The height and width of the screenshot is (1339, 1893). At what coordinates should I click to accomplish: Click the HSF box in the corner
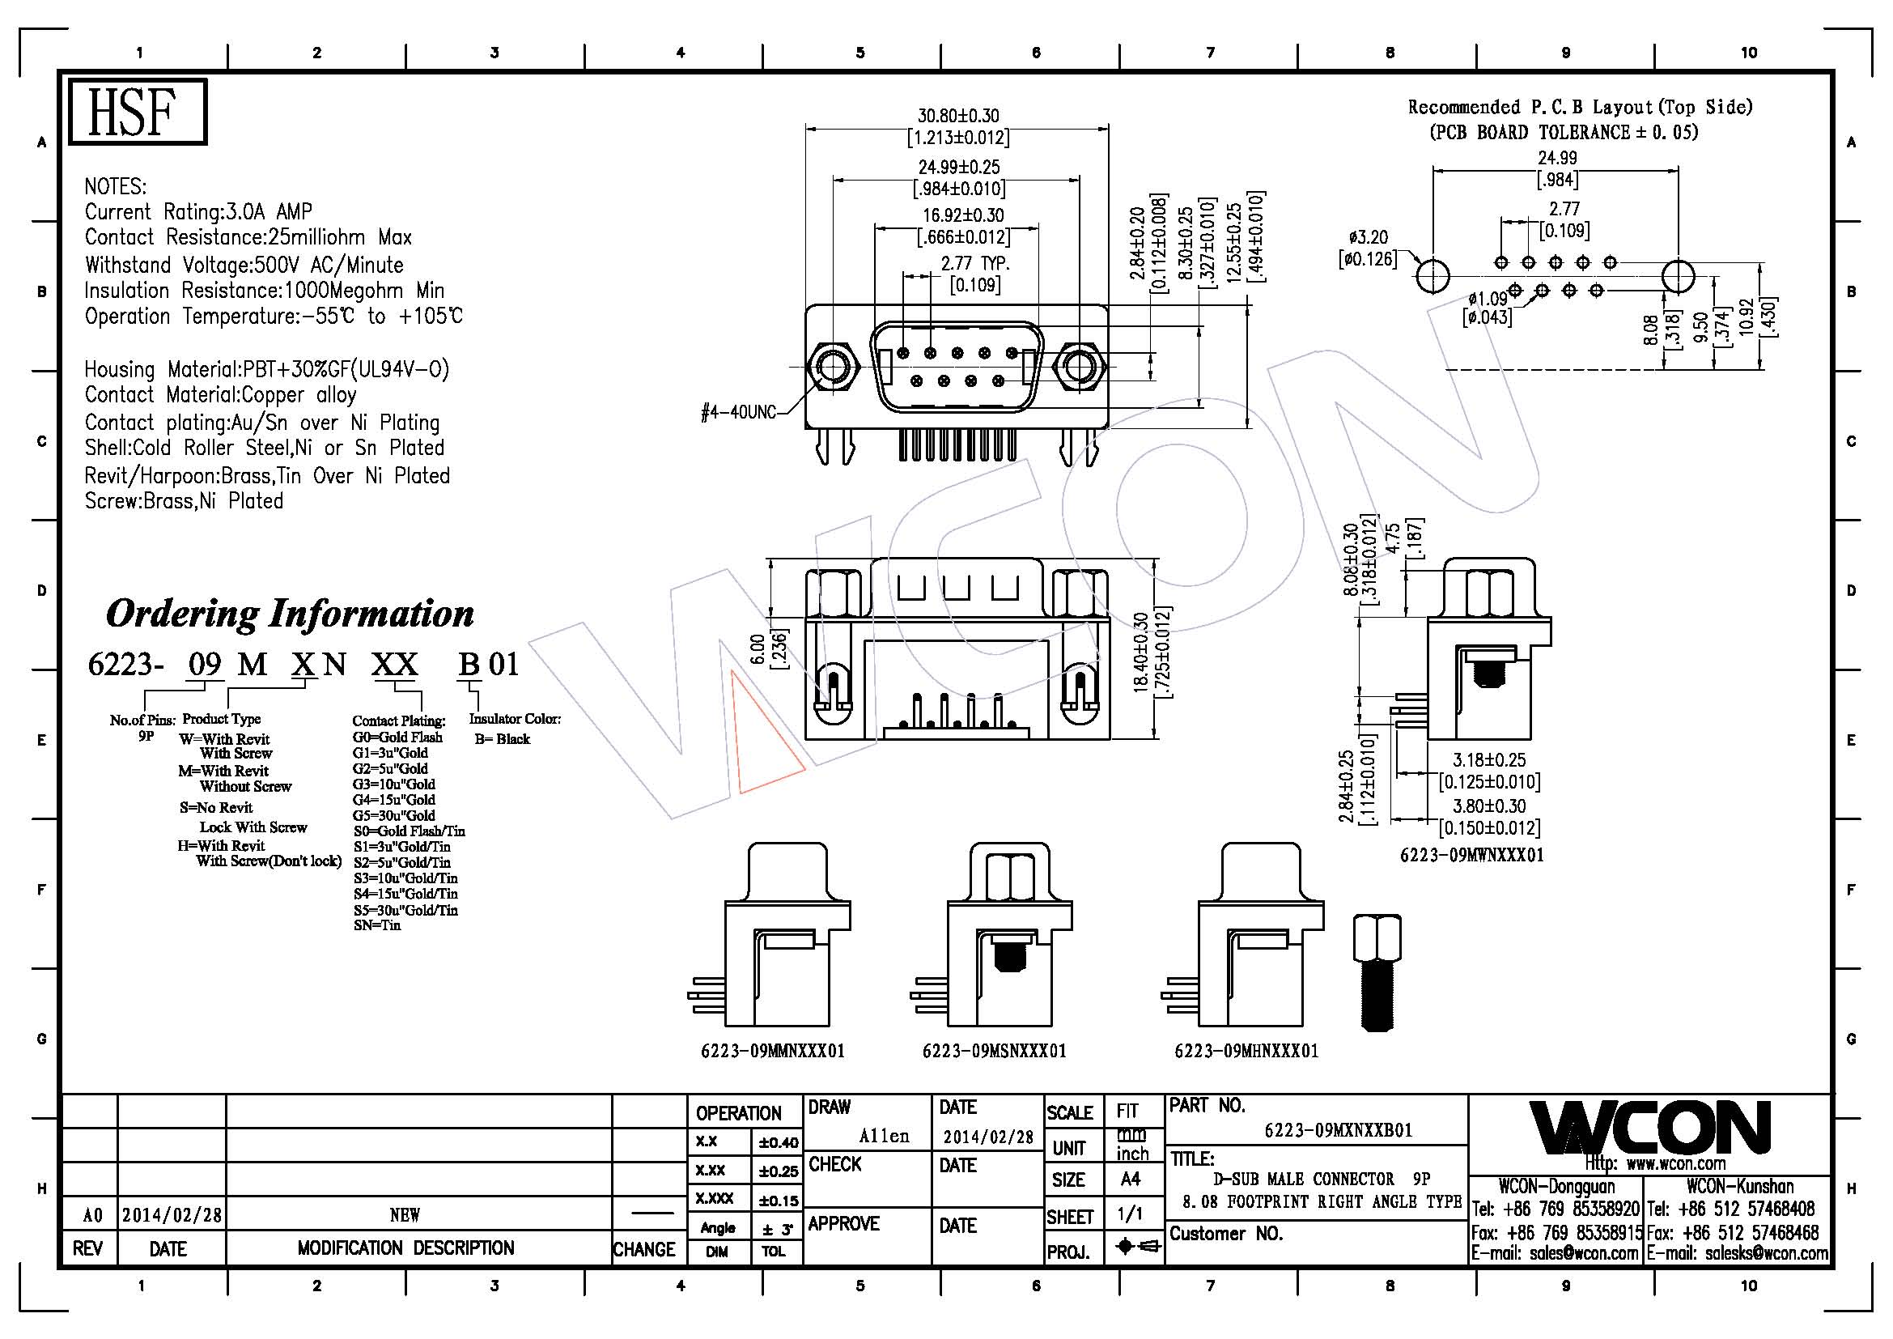point(137,113)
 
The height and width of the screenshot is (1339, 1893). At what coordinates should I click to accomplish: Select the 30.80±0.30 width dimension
point(958,117)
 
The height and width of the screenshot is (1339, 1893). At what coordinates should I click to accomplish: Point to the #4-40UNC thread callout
point(738,411)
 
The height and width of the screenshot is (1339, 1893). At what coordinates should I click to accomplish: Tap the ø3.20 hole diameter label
point(1368,238)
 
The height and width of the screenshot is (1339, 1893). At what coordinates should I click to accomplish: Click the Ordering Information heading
point(290,614)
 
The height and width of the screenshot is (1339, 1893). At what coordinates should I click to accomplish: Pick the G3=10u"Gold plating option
point(393,784)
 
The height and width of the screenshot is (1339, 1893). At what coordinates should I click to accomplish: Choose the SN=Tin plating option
point(377,925)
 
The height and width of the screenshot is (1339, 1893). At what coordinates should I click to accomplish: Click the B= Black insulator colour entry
point(501,739)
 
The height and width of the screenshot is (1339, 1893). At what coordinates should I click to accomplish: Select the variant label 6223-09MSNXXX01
point(995,1052)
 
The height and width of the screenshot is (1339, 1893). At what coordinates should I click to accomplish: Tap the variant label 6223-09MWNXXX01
point(1471,855)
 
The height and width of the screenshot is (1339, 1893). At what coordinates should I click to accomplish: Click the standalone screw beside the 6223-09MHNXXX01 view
point(1377,973)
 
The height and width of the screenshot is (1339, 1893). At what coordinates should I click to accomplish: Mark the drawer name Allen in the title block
point(884,1136)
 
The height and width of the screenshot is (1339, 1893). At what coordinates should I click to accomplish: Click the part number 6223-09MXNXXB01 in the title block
point(1338,1130)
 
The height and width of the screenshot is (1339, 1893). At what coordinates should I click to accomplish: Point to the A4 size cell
point(1131,1180)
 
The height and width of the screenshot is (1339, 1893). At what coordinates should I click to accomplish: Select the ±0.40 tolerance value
point(779,1143)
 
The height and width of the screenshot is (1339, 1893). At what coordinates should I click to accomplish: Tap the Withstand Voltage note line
point(244,265)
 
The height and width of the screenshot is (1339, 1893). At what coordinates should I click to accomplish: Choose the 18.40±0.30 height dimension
point(1141,652)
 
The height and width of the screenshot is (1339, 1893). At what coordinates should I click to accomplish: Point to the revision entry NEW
point(404,1214)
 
